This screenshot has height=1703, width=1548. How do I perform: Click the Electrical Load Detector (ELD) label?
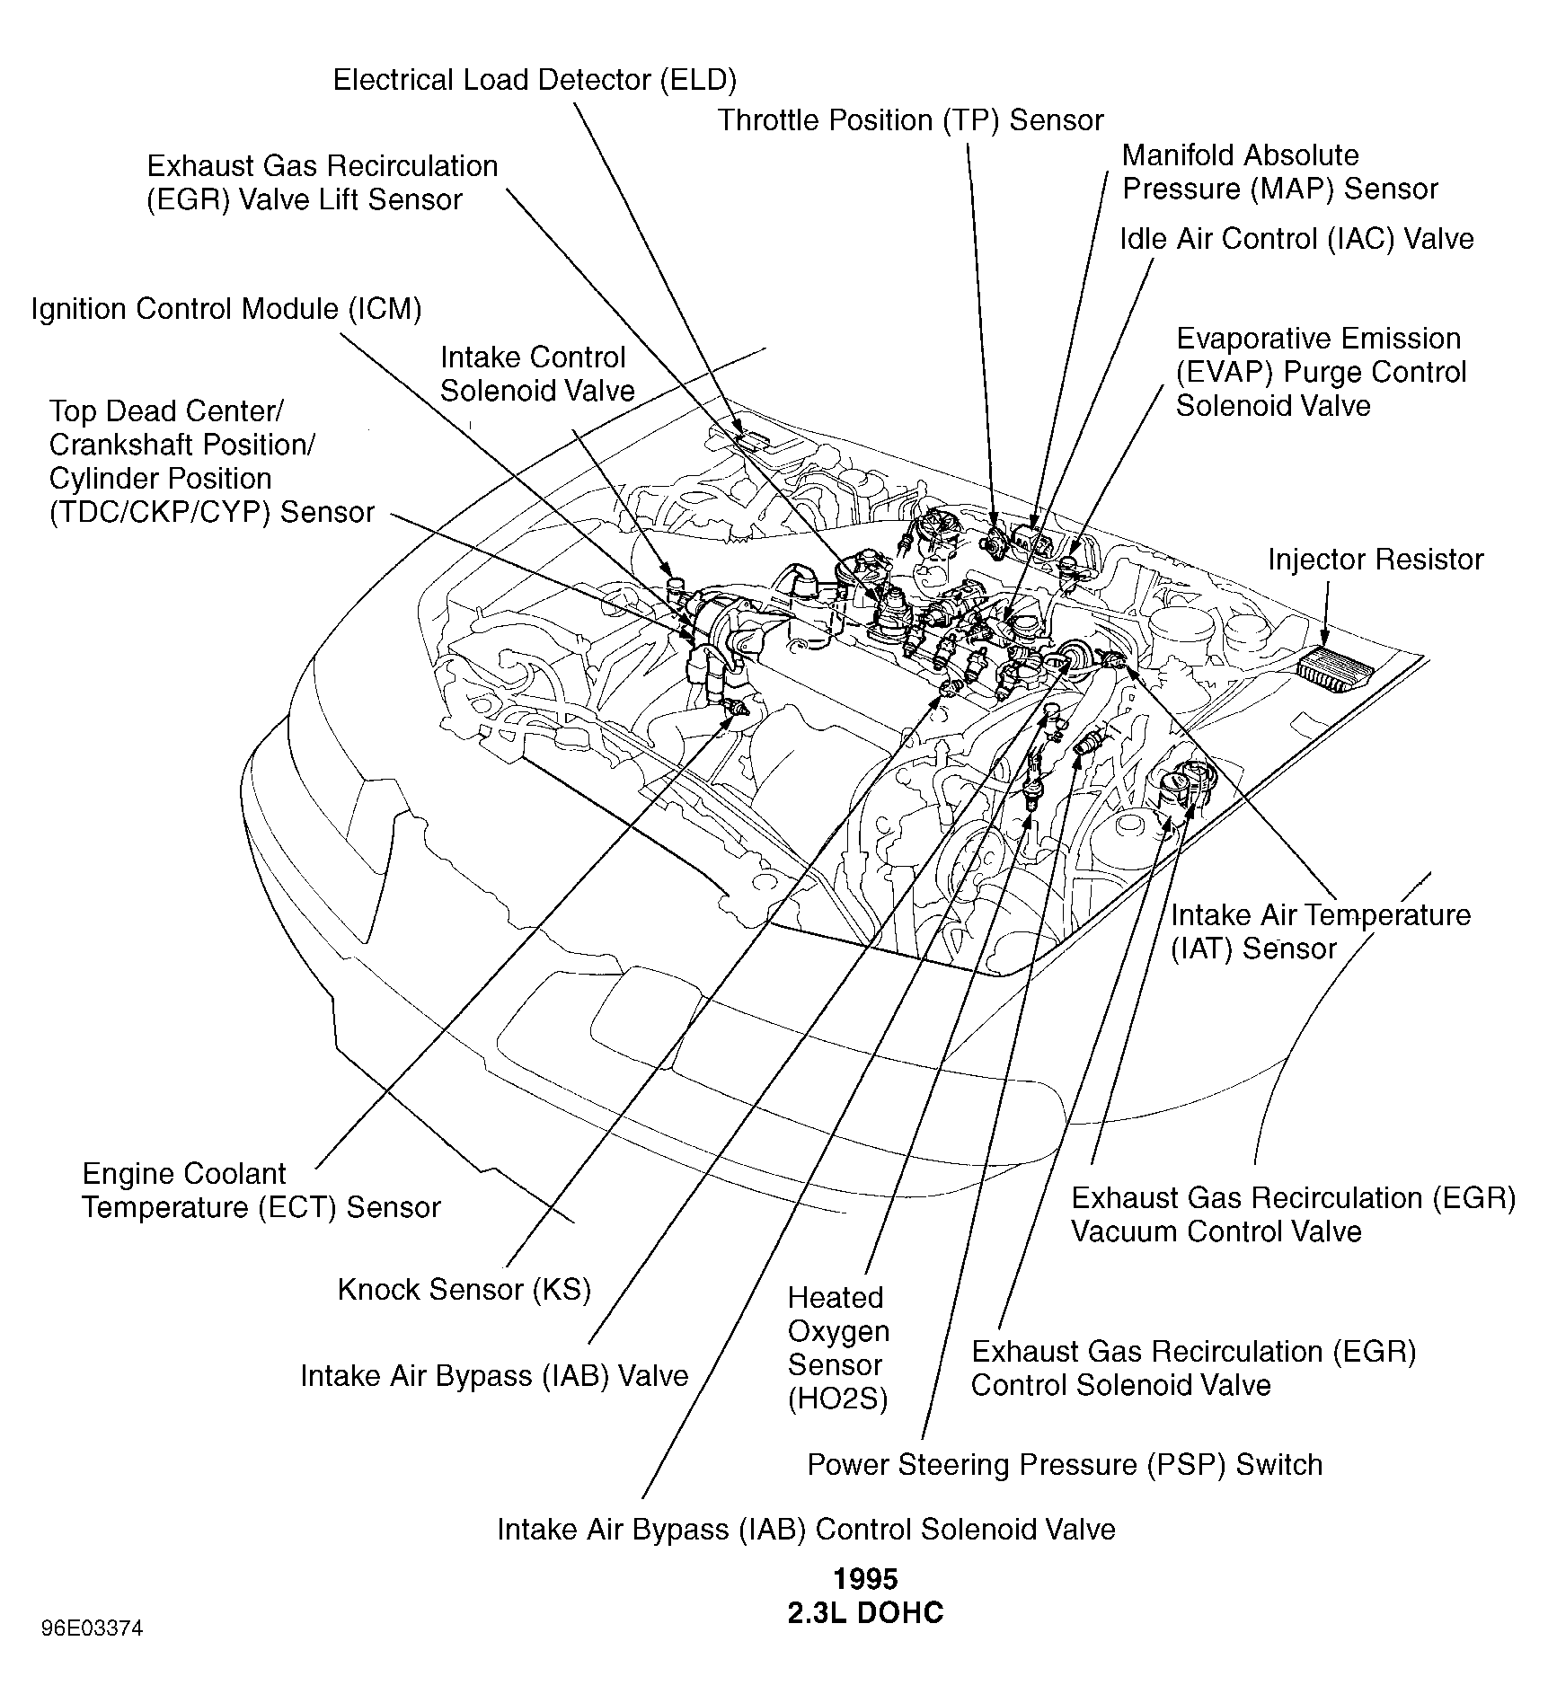pyautogui.click(x=535, y=81)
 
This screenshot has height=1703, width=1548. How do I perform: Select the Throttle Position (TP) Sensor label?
pyautogui.click(x=910, y=120)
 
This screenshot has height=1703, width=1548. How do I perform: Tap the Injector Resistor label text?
pyautogui.click(x=1376, y=560)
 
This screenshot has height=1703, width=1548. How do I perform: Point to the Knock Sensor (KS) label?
pyautogui.click(x=464, y=1290)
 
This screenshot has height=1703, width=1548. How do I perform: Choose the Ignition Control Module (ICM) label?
pyautogui.click(x=226, y=309)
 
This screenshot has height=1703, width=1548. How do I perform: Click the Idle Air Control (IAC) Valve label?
pyautogui.click(x=1296, y=239)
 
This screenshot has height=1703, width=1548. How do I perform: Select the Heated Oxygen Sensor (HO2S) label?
pyautogui.click(x=838, y=1348)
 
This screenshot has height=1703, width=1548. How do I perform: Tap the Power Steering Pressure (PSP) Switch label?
pyautogui.click(x=1065, y=1465)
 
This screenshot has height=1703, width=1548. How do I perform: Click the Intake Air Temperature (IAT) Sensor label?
pyautogui.click(x=1321, y=931)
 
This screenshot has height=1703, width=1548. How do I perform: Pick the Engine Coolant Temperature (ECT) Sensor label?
pyautogui.click(x=261, y=1190)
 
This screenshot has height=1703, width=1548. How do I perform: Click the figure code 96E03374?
pyautogui.click(x=92, y=1628)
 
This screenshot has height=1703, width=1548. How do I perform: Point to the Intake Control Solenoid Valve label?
pyautogui.click(x=536, y=374)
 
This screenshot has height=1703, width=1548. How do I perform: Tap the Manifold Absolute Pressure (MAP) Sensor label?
pyautogui.click(x=1279, y=172)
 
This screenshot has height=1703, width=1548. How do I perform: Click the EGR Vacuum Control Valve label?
pyautogui.click(x=1294, y=1214)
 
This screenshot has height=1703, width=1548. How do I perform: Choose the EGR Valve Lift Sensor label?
pyautogui.click(x=322, y=182)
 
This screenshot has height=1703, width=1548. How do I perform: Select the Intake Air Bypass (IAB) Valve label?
pyautogui.click(x=494, y=1376)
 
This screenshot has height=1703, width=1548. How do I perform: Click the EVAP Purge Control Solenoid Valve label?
pyautogui.click(x=1321, y=372)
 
